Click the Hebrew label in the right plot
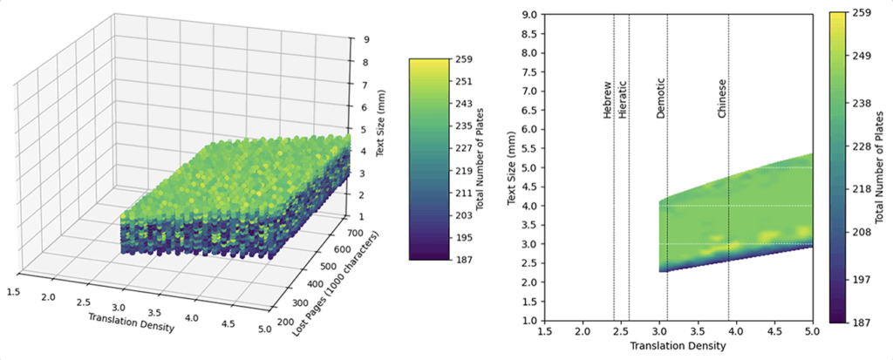pyautogui.click(x=607, y=102)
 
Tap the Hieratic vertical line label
pyautogui.click(x=622, y=101)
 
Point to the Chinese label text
pyautogui.click(x=721, y=98)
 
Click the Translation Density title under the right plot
pyautogui.click(x=677, y=347)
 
